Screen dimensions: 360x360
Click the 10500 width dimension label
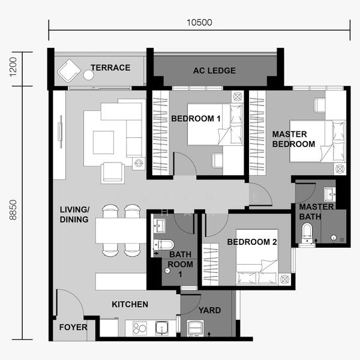(199, 23)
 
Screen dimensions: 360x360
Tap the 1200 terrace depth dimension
(13, 67)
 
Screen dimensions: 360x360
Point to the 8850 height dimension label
(13, 210)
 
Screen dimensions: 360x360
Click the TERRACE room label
(110, 68)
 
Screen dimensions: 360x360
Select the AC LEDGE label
(214, 71)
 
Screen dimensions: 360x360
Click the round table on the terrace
(88, 75)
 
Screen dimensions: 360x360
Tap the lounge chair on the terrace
(69, 70)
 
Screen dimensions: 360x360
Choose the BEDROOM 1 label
(196, 119)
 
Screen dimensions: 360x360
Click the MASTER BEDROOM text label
(293, 139)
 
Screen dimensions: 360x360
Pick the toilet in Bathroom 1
(163, 245)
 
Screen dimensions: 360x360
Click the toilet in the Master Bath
(307, 233)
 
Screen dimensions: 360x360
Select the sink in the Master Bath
(329, 194)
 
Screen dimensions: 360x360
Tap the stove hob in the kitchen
(140, 328)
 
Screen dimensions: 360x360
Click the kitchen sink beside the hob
(162, 328)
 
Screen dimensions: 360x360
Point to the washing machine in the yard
(196, 328)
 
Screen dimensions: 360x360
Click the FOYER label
(73, 327)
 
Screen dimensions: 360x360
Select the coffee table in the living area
(103, 142)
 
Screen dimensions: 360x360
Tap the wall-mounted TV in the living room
(61, 132)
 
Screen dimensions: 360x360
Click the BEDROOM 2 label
(252, 242)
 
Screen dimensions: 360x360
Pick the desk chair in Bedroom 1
(217, 160)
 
